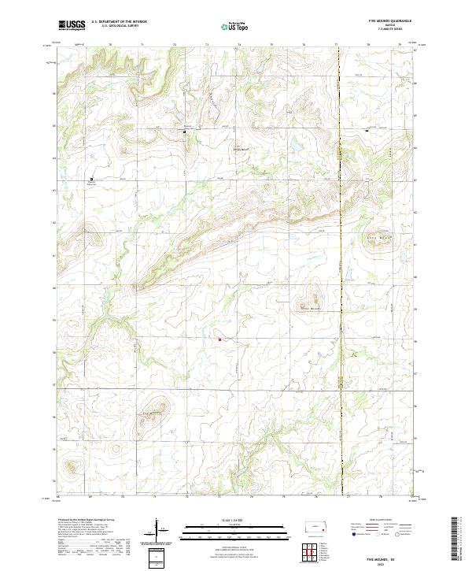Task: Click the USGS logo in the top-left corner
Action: pos(72,25)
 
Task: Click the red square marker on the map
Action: pos(220,339)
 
